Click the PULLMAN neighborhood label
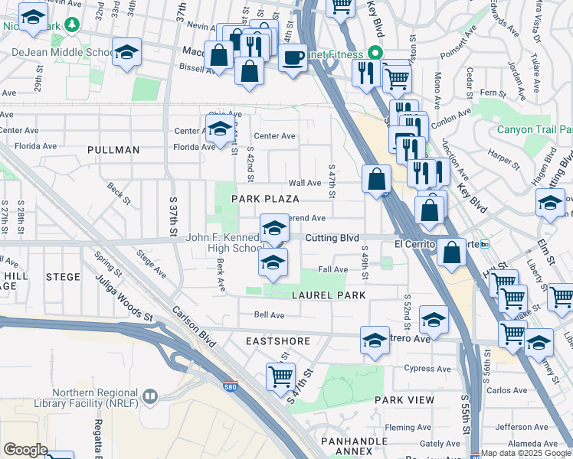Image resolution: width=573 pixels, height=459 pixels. click(x=113, y=150)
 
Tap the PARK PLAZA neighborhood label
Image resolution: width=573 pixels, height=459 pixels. click(x=265, y=199)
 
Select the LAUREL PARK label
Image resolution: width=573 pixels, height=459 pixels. click(x=327, y=295)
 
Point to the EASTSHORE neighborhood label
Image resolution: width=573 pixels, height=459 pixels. click(x=277, y=339)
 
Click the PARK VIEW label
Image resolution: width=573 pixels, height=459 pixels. click(x=404, y=400)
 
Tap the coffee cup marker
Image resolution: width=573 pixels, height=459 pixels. click(x=292, y=57)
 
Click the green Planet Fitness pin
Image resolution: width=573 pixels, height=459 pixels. click(x=375, y=54)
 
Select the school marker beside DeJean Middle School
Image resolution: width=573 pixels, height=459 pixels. click(x=126, y=52)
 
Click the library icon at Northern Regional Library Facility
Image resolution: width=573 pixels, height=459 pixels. click(x=149, y=396)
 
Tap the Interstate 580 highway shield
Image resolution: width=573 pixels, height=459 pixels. click(x=230, y=386)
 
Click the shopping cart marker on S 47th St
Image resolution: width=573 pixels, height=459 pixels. click(x=281, y=376)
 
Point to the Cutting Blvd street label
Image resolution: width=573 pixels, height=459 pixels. click(x=332, y=239)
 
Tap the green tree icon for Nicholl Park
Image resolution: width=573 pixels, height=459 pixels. click(x=73, y=24)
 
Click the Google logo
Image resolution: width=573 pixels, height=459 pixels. click(x=25, y=450)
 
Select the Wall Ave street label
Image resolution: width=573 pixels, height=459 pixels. click(x=304, y=184)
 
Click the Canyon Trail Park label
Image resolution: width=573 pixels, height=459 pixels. click(x=535, y=129)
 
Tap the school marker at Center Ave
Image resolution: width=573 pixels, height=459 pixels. click(x=220, y=128)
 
